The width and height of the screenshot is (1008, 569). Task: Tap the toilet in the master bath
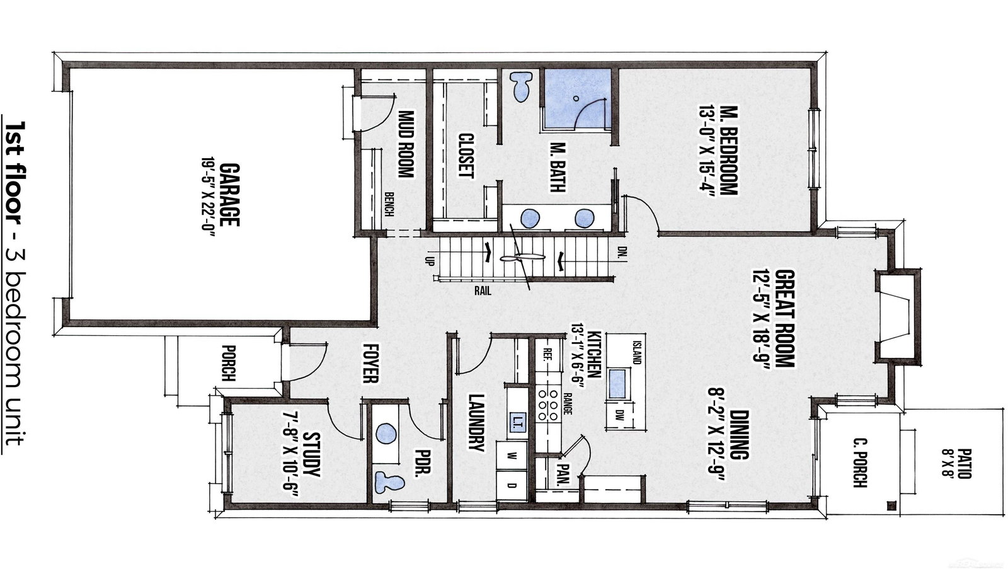(x=521, y=86)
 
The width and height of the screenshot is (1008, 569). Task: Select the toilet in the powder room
(x=389, y=481)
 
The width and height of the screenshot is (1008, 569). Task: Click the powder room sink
(x=386, y=434)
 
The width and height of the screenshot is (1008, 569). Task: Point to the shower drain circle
(x=576, y=98)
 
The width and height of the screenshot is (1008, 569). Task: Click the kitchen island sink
(x=617, y=383)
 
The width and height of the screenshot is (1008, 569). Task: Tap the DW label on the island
(x=620, y=414)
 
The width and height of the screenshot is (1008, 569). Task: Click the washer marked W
(x=512, y=455)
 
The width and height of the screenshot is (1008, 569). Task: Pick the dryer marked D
(x=512, y=486)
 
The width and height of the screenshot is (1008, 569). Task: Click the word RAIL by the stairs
(x=483, y=291)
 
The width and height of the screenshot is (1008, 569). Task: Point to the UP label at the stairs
(x=430, y=261)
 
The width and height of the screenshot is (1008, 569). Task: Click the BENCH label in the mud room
(x=389, y=204)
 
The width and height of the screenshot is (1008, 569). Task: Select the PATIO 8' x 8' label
(x=956, y=463)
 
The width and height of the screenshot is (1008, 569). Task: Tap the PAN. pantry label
(x=564, y=474)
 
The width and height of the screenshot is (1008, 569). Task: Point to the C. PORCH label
(x=859, y=463)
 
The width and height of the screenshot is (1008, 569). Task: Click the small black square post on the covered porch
(x=891, y=505)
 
